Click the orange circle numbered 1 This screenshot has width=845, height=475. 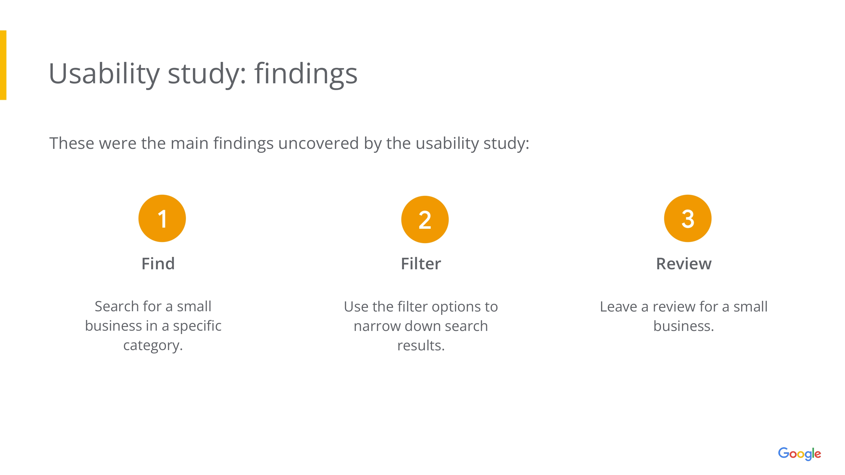162,218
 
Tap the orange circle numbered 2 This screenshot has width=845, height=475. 425,219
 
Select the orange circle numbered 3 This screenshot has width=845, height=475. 688,218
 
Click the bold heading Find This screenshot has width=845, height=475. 158,264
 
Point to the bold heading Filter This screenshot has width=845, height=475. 421,264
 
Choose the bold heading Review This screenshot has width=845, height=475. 684,264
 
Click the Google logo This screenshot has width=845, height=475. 799,454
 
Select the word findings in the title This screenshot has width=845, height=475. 306,74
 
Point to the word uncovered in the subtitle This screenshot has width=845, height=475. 318,143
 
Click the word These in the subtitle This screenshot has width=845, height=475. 72,143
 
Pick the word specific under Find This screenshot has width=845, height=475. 197,326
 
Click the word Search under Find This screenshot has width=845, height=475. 116,306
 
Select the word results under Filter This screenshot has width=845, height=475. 421,346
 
